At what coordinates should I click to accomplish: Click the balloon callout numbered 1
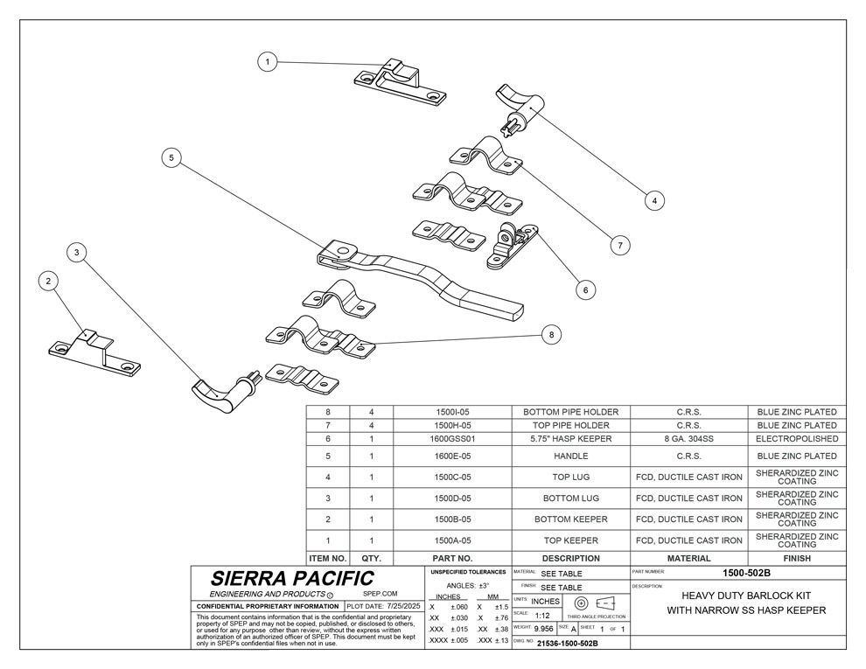point(269,61)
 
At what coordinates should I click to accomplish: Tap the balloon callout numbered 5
point(172,157)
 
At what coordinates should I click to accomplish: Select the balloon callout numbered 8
point(550,333)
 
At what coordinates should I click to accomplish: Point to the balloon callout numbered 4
point(653,200)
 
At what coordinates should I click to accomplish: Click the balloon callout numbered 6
point(585,288)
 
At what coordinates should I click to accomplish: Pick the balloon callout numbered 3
point(78,253)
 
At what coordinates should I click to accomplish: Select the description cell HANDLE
point(570,456)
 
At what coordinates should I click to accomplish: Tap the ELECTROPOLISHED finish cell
point(797,438)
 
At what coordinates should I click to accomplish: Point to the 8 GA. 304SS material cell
point(688,438)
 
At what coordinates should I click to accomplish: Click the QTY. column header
point(372,557)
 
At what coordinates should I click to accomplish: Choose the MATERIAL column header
point(688,557)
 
